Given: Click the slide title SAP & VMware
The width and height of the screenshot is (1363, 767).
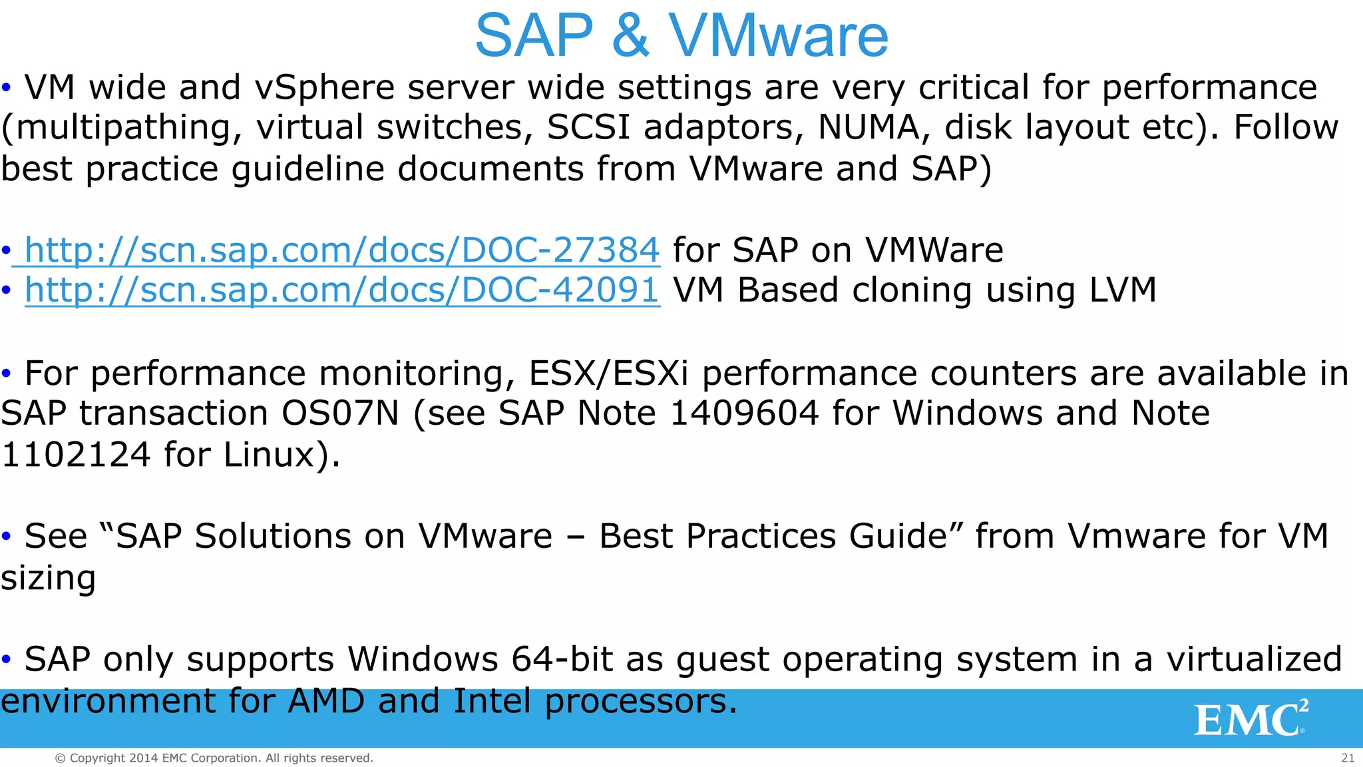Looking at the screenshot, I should pyautogui.click(x=681, y=36).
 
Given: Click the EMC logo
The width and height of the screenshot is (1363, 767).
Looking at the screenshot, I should pyautogui.click(x=1251, y=718).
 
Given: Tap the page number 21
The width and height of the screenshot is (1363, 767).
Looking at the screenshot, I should pyautogui.click(x=1348, y=758).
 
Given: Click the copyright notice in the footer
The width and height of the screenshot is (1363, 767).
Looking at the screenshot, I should pyautogui.click(x=214, y=758).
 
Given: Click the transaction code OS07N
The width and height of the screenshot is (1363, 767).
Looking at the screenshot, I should pyautogui.click(x=340, y=413).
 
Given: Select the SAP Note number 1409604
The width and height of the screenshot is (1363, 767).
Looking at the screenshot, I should pyautogui.click(x=744, y=413).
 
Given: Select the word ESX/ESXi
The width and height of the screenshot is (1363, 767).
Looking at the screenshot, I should pyautogui.click(x=608, y=374).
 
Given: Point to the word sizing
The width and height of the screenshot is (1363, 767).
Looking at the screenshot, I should pyautogui.click(x=48, y=578).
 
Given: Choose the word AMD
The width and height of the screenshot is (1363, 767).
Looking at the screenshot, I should pyautogui.click(x=326, y=701).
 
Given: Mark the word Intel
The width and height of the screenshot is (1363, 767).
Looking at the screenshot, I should pyautogui.click(x=492, y=701).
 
